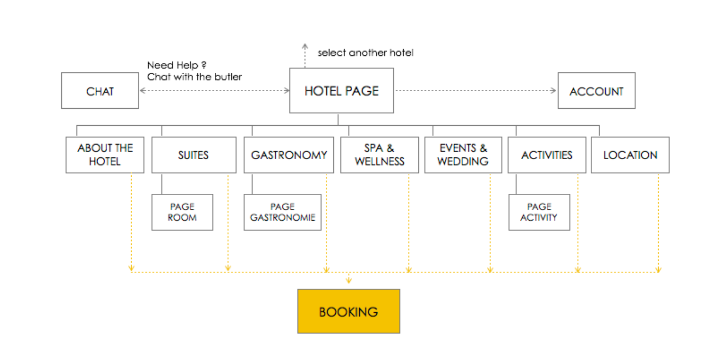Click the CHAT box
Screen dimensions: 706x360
pyautogui.click(x=100, y=91)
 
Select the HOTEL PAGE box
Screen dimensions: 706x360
pyautogui.click(x=342, y=91)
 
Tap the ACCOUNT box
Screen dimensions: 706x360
pyautogui.click(x=597, y=91)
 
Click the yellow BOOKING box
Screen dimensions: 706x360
pyautogui.click(x=349, y=311)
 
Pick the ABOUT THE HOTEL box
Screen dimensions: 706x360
pyautogui.click(x=105, y=155)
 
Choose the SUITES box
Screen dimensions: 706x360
pyautogui.click(x=194, y=155)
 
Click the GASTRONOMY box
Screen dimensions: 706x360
pyautogui.click(x=289, y=155)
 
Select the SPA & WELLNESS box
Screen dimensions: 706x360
pyautogui.click(x=380, y=155)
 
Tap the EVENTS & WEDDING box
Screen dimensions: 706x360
pyautogui.click(x=463, y=155)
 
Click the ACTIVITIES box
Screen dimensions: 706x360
pyautogui.click(x=547, y=155)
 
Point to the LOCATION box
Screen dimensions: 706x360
pyautogui.click(x=630, y=155)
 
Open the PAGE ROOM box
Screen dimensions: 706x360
pyautogui.click(x=182, y=212)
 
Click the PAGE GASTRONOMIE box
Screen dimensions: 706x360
pyautogui.click(x=282, y=212)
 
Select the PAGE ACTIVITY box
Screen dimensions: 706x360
pyautogui.click(x=539, y=212)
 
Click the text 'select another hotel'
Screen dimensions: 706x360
pyautogui.click(x=365, y=53)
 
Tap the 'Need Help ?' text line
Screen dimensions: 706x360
pyautogui.click(x=177, y=65)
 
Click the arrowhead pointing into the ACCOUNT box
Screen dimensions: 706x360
pyautogui.click(x=553, y=91)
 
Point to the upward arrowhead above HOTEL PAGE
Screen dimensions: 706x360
pyautogui.click(x=305, y=46)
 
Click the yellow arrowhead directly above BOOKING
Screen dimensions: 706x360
pyautogui.click(x=349, y=281)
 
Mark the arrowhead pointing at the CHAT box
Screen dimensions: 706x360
pyautogui.click(x=143, y=91)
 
